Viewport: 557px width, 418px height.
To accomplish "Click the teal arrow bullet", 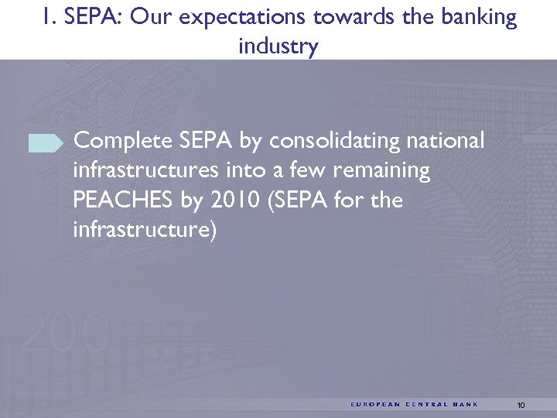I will (46, 142).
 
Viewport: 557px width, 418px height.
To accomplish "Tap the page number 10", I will (521, 405).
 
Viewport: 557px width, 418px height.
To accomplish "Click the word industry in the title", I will (278, 46).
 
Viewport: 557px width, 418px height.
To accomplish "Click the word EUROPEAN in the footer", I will (375, 405).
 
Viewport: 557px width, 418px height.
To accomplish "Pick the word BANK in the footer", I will (466, 405).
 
